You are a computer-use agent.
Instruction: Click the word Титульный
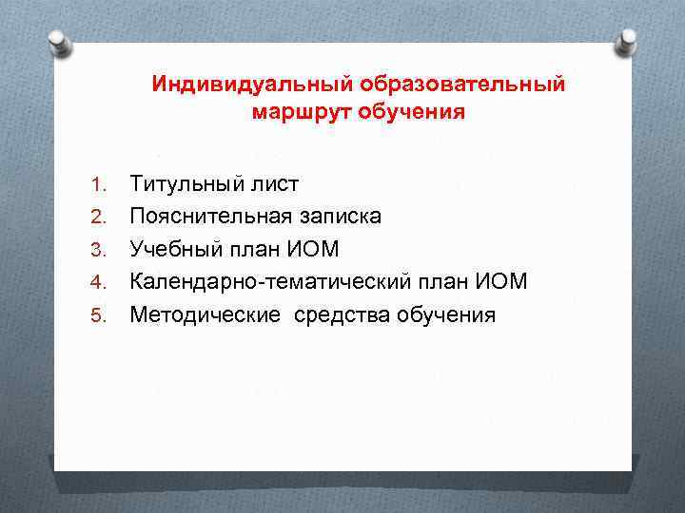tap(187, 183)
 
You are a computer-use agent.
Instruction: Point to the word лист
tap(275, 183)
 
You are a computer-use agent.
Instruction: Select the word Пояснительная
tap(210, 216)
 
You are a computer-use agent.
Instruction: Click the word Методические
tap(205, 314)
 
